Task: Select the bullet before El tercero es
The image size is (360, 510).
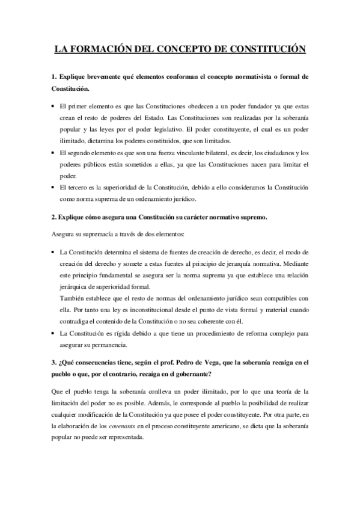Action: click(x=53, y=188)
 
